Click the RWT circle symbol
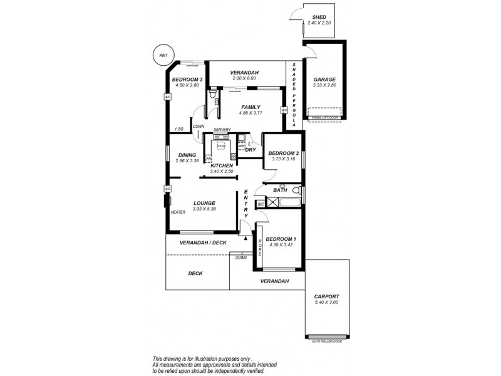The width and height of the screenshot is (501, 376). [163, 56]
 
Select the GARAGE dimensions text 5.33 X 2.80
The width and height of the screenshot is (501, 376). [324, 85]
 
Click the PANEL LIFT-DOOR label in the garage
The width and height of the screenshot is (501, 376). [324, 117]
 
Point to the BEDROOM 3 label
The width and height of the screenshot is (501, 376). [187, 80]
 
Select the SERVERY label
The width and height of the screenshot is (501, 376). [222, 130]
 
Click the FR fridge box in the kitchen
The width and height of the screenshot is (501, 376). [208, 159]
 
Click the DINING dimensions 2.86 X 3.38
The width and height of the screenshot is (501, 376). [187, 161]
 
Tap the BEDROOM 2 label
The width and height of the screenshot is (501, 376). [283, 153]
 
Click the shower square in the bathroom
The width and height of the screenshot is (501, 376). [274, 202]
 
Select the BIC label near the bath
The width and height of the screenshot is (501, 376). [261, 204]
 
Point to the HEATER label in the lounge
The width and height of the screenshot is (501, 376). [178, 212]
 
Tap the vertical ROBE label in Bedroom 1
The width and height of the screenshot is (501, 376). [258, 247]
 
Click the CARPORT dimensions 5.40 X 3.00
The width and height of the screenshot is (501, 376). [327, 303]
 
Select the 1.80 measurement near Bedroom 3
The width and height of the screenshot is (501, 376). [179, 129]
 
